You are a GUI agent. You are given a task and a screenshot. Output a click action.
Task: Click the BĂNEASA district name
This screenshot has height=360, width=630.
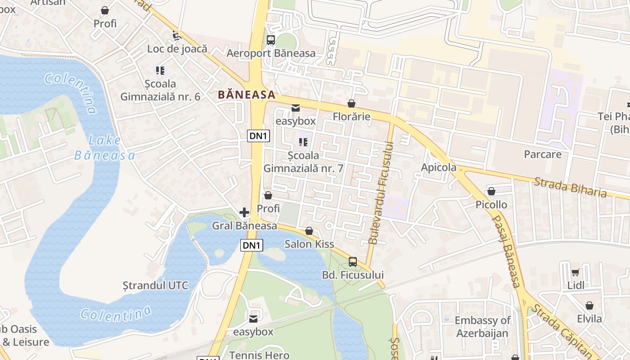pos(246,94)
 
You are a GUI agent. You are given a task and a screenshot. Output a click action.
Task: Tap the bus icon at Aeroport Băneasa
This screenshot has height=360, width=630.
pos(270,40)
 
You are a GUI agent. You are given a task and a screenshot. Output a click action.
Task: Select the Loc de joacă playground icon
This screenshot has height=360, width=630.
pos(177,35)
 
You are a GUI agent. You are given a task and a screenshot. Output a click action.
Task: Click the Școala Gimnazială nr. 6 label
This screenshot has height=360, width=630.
pos(160,90)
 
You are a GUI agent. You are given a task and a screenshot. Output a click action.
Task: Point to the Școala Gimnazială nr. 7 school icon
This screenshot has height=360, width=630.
pos(303,142)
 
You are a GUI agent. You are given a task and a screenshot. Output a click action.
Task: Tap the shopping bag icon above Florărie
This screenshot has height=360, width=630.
pos(351,104)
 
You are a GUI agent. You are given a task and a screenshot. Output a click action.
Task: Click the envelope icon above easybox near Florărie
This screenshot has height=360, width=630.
pos(296,108)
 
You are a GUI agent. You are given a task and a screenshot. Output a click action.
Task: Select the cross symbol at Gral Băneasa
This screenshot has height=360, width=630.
pos(244,212)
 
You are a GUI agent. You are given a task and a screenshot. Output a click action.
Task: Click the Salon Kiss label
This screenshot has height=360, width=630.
pos(309,244)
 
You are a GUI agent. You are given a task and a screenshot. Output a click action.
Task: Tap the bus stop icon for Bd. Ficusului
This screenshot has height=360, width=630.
pos(353,262)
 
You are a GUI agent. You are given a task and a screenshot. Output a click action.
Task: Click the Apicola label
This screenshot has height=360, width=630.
pos(438,168)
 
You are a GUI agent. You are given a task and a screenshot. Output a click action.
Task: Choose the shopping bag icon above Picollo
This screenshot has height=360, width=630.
pos(491,192)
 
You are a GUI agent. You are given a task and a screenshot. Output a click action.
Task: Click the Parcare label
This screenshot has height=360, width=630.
pos(542,154)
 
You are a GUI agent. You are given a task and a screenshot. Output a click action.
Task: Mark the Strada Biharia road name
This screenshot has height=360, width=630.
pos(570,187)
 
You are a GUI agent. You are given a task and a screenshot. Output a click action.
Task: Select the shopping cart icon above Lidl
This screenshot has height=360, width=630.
pos(575,272)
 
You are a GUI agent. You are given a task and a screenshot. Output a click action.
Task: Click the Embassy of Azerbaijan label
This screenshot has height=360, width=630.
pos(482,327)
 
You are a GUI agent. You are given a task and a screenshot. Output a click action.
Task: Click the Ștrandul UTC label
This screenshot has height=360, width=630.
pos(155,285)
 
